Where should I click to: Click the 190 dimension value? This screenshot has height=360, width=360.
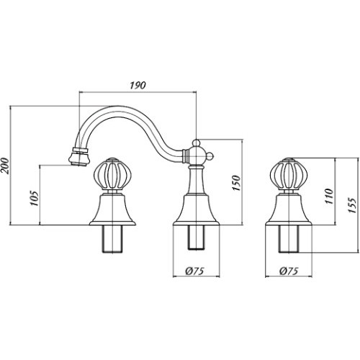pos(138,86)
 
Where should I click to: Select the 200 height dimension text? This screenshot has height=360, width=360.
pos(5,166)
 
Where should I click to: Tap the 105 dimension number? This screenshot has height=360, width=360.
pos(35,198)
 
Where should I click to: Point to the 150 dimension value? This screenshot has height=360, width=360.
pos(236,183)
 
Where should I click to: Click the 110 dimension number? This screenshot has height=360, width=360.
pos(329,197)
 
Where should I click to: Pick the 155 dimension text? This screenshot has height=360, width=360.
pos(351,205)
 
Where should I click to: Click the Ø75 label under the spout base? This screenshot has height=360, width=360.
pos(194,271)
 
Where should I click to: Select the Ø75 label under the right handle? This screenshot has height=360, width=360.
pos(289,271)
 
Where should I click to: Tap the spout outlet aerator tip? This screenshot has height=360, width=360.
pos(79,158)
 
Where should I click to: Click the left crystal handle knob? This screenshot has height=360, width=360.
pos(113,174)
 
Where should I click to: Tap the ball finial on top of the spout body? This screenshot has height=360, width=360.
pos(197,143)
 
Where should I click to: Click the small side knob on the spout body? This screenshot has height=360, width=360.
pos(210,156)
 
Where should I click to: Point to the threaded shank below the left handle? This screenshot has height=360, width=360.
pos(112,239)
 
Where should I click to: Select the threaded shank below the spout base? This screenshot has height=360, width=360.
pos(197,238)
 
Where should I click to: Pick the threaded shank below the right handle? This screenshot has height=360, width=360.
pos(289,239)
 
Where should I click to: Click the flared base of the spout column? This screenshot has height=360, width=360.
pos(197,210)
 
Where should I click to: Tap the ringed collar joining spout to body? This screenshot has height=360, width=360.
pos(185,156)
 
